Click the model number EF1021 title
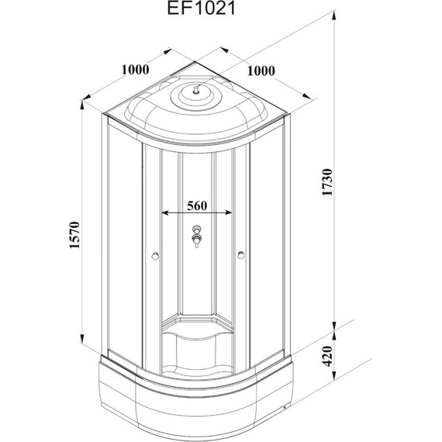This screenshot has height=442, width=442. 202,9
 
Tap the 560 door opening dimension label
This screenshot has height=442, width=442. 197,205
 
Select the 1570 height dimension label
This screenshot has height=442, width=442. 75,236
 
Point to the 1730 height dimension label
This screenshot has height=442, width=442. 327,182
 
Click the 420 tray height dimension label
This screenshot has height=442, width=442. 327,356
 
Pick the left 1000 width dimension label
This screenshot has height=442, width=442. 135,70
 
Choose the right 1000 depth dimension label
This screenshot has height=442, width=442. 261,71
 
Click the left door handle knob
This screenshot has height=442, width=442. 155,256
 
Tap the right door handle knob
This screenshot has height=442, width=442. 241,255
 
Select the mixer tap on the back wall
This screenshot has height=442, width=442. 197,237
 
